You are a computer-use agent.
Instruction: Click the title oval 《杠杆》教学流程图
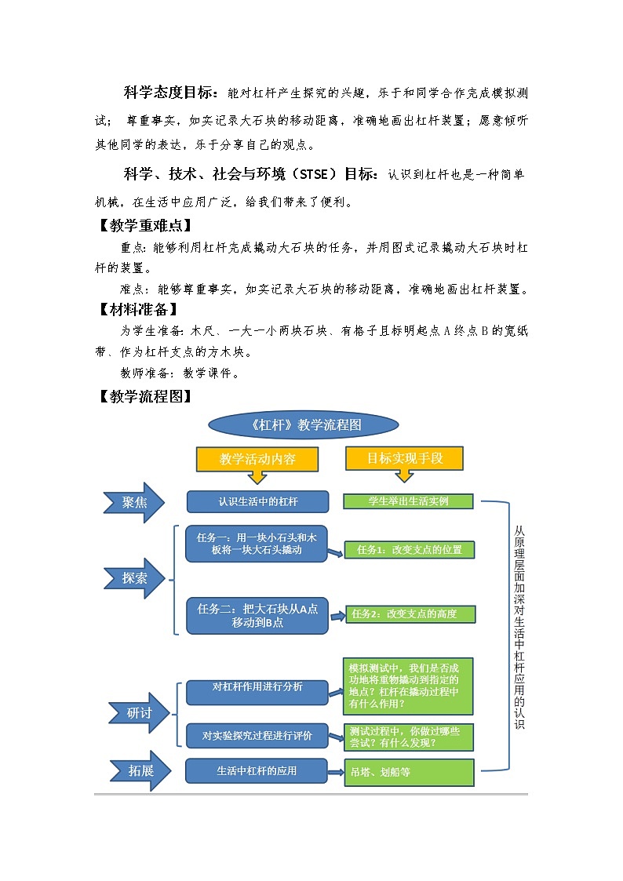pyautogui.click(x=303, y=425)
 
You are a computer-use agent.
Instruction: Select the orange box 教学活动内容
pyautogui.click(x=257, y=459)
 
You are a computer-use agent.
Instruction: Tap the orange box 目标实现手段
pyautogui.click(x=405, y=458)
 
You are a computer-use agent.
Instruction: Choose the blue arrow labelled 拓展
pyautogui.click(x=137, y=771)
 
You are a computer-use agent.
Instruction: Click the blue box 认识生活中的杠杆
pyautogui.click(x=257, y=501)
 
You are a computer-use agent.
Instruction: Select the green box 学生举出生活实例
pyautogui.click(x=408, y=501)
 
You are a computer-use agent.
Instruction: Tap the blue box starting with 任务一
pyautogui.click(x=257, y=544)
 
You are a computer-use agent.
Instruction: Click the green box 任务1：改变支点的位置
pyautogui.click(x=410, y=550)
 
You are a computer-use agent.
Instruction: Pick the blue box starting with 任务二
pyautogui.click(x=257, y=615)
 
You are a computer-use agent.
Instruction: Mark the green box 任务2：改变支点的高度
pyautogui.click(x=410, y=613)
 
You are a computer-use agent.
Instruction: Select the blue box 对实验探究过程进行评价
pyautogui.click(x=257, y=736)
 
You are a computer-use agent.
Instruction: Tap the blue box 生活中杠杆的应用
pyautogui.click(x=257, y=771)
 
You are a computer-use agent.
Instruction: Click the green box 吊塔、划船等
pyautogui.click(x=410, y=772)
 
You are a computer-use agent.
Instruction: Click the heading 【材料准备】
pyautogui.click(x=137, y=309)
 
